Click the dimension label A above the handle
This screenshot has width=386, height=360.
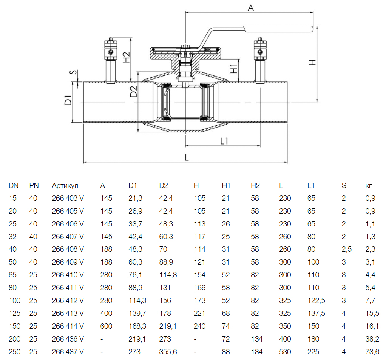[250, 7]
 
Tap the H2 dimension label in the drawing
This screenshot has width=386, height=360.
[127, 57]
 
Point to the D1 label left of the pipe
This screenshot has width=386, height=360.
[68, 101]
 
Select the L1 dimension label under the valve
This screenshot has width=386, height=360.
[224, 141]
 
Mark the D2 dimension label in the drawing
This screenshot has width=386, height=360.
[133, 92]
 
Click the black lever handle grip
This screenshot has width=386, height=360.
[279, 29]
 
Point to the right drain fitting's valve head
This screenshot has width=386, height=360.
[260, 51]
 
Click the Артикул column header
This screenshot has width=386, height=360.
[65, 185]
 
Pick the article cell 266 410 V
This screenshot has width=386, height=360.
[68, 275]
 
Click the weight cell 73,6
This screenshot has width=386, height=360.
[372, 352]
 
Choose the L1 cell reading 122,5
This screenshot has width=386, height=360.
[316, 300]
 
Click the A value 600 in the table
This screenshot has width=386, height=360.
[106, 326]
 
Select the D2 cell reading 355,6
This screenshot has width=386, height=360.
[168, 352]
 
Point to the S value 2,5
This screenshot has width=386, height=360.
[346, 249]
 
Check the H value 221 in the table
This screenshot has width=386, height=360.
[199, 313]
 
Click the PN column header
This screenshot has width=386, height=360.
[34, 185]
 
